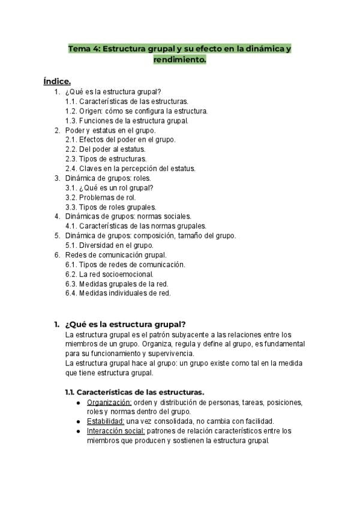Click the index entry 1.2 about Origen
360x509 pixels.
(x=136, y=111)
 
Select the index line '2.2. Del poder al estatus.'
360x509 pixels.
(x=105, y=149)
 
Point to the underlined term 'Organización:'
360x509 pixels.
(x=109, y=402)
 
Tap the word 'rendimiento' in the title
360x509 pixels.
(x=179, y=60)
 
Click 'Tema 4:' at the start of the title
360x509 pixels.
(x=84, y=49)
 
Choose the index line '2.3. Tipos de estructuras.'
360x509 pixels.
(x=106, y=158)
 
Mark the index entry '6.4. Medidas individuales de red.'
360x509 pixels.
(x=118, y=293)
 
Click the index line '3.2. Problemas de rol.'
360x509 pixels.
(x=100, y=197)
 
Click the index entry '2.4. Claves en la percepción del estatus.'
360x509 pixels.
(x=130, y=168)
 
